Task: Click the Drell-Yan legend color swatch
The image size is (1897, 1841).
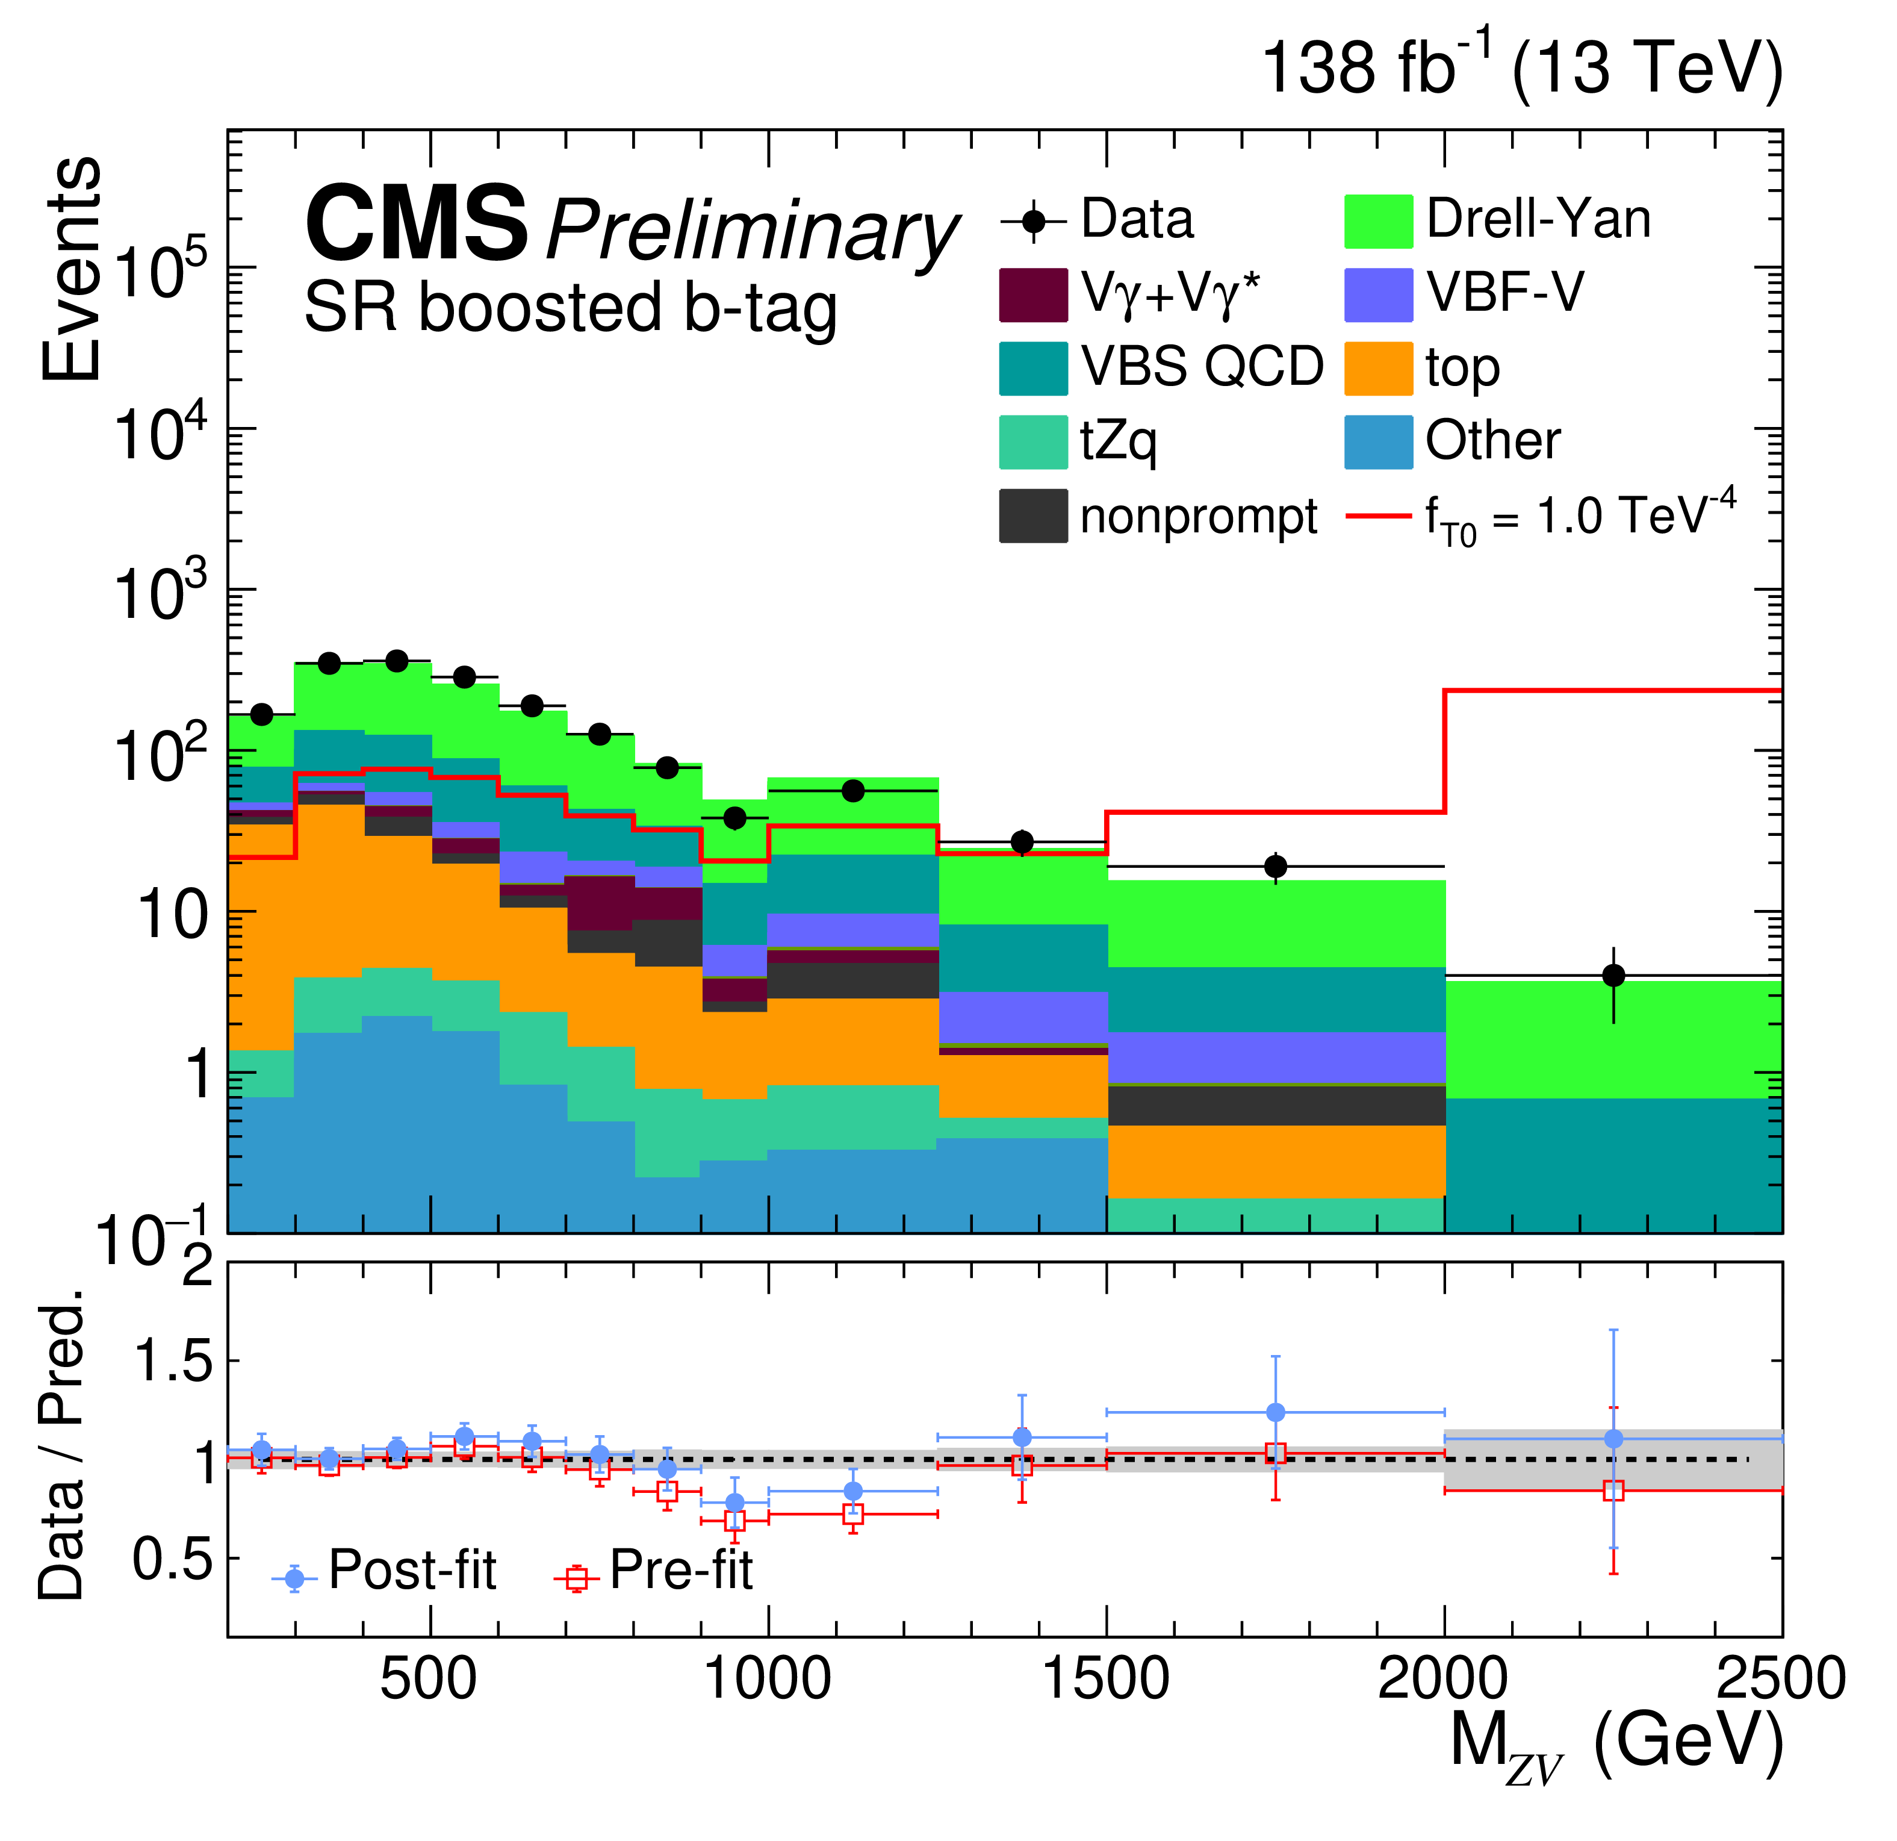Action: click(1378, 222)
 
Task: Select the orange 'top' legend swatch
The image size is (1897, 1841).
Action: click(1378, 369)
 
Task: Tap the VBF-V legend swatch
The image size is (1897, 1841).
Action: click(1378, 295)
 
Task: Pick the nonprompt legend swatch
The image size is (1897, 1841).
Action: click(1034, 516)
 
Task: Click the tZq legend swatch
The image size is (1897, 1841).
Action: click(1034, 443)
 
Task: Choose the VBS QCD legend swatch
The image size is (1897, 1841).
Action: click(1034, 369)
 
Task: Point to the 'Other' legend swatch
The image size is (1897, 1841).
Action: click(1378, 443)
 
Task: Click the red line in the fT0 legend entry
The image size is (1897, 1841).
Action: click(1378, 516)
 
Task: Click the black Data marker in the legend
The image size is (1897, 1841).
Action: click(1034, 222)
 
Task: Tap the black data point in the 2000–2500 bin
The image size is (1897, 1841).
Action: click(1613, 976)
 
